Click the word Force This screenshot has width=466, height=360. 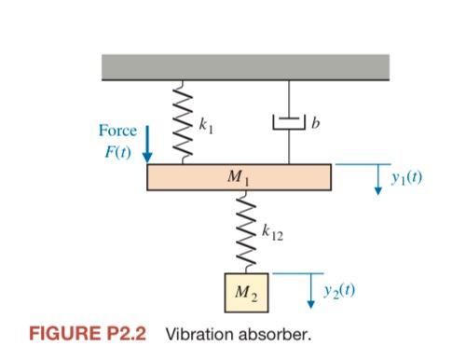(118, 132)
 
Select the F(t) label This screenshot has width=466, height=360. (118, 153)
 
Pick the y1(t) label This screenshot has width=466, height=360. (407, 175)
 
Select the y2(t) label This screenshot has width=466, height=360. (336, 290)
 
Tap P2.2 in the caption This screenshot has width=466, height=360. (130, 333)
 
